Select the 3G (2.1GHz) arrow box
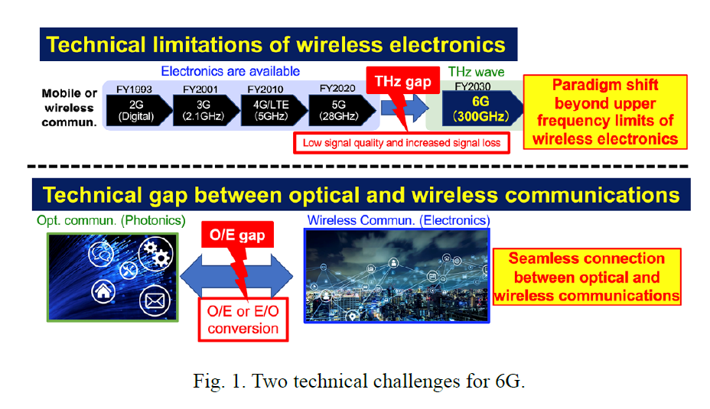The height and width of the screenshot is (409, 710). point(206,110)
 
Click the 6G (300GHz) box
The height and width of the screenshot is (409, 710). point(482,109)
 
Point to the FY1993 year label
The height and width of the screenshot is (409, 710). point(134,89)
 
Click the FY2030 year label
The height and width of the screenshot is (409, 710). point(473,86)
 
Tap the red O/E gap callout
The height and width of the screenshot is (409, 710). point(237,235)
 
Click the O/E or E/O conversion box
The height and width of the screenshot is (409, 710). point(243,320)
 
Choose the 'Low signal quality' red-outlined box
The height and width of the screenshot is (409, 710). point(402,143)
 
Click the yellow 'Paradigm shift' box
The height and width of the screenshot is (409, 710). point(605,112)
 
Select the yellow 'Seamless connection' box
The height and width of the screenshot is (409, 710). point(587,277)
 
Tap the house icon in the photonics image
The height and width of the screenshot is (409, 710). point(103,291)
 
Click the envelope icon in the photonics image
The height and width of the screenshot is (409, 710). point(155,301)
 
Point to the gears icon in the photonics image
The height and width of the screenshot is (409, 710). point(156,253)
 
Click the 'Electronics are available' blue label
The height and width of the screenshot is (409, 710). point(230,71)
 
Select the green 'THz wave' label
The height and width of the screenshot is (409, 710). point(477,72)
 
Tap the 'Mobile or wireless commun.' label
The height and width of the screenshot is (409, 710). point(70,108)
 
